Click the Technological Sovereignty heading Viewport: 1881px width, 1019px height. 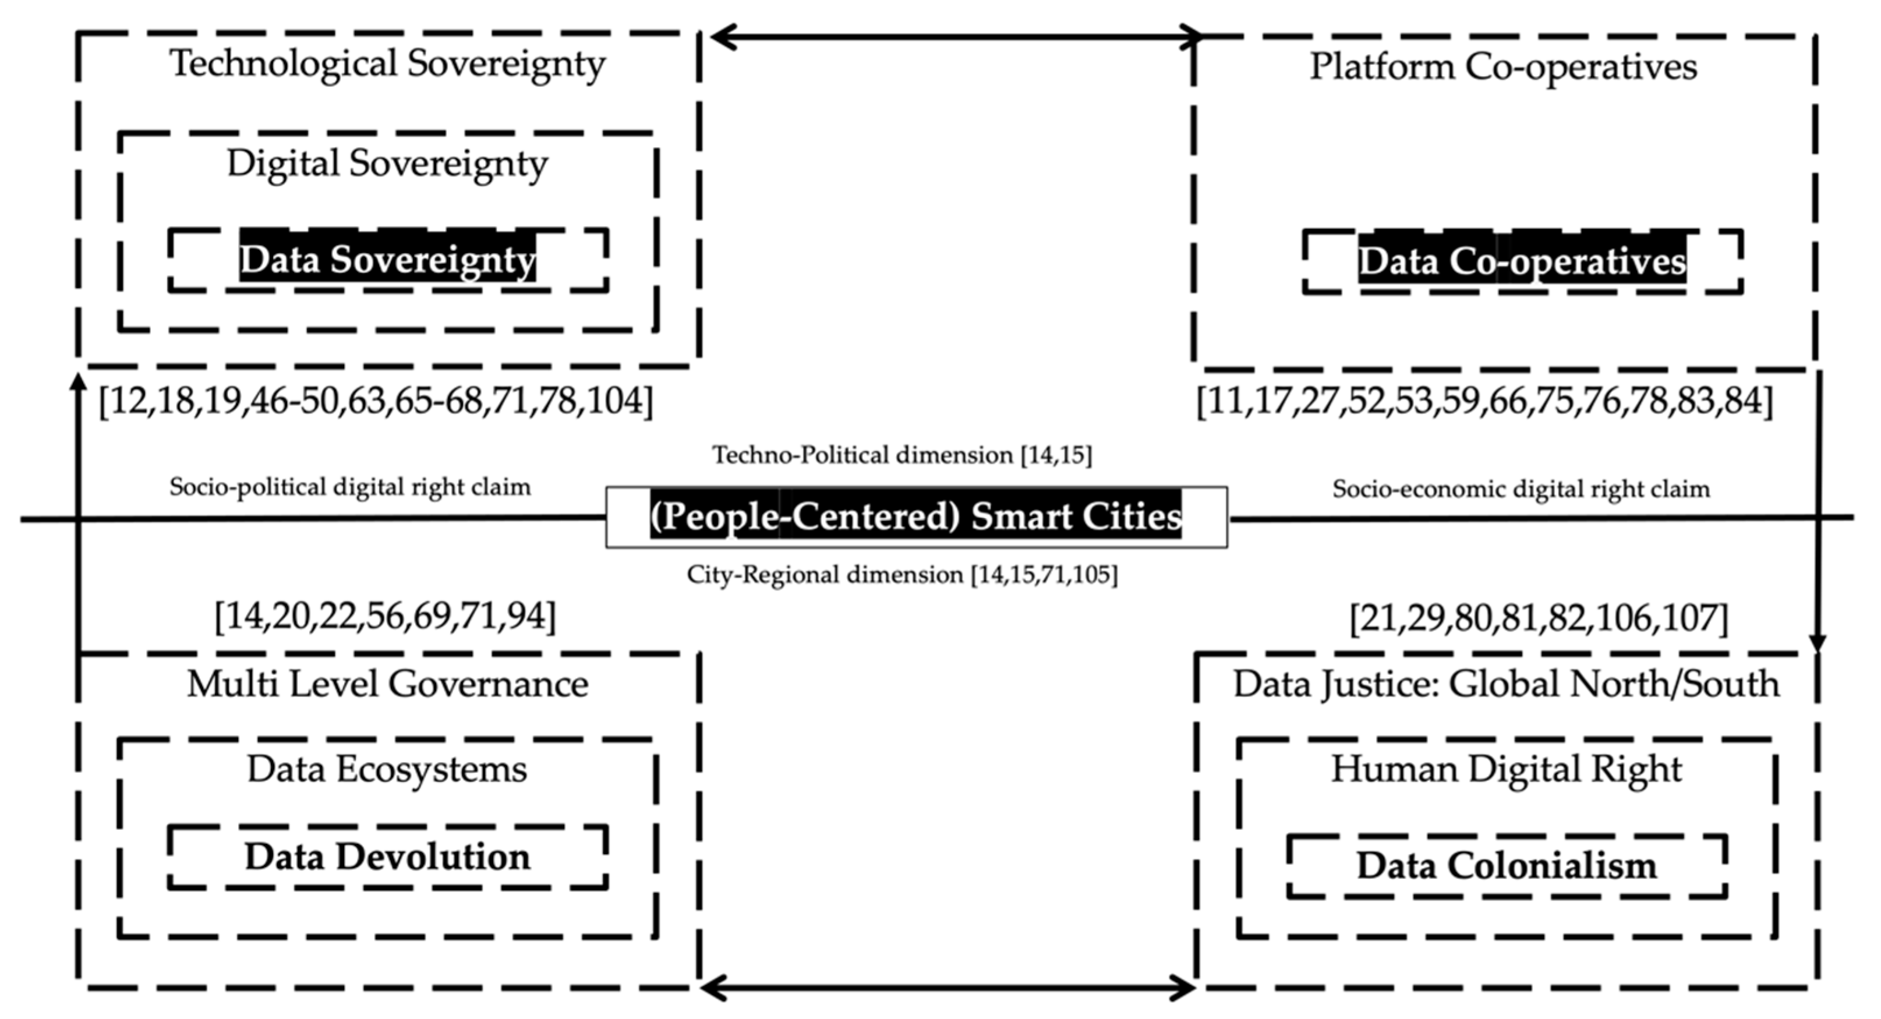point(387,63)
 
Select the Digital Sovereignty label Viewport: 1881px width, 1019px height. point(387,164)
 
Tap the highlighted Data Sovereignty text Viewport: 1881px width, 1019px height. point(387,260)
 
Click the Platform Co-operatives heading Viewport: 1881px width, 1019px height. point(1502,67)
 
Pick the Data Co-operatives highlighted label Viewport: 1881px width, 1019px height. point(1522,261)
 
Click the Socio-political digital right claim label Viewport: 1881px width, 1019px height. point(350,487)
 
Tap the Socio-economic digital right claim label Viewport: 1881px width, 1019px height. point(1521,489)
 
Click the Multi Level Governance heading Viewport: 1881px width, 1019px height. point(387,685)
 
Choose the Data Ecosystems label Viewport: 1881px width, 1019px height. point(387,769)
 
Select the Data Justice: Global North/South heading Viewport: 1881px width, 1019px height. point(1506,685)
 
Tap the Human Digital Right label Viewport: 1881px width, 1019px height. point(1506,769)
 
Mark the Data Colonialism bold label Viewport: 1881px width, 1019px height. point(1506,866)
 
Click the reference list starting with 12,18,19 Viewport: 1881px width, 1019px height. point(376,401)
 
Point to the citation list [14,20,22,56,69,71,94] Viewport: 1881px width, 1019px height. point(385,617)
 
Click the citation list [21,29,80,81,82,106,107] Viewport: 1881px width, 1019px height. point(1539,618)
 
